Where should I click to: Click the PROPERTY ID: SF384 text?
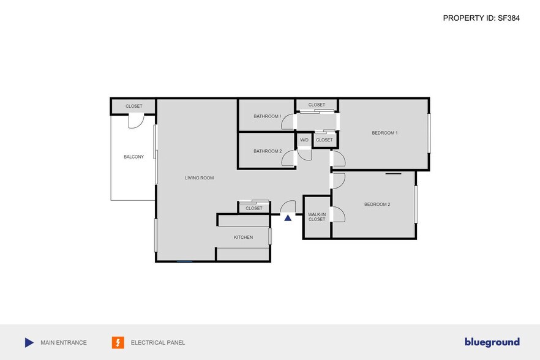(x=481, y=18)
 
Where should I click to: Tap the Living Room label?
(x=200, y=178)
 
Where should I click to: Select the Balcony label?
(x=133, y=157)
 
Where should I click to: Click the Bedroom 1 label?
(x=385, y=133)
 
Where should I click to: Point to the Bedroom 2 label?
(x=377, y=204)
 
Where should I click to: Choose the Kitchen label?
(x=243, y=237)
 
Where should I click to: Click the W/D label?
(x=304, y=140)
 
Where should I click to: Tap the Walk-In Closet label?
(x=317, y=217)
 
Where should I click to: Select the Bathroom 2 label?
(x=268, y=151)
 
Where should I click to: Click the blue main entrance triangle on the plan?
(x=288, y=217)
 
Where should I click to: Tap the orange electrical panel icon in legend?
(x=118, y=343)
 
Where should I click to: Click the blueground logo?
(x=492, y=342)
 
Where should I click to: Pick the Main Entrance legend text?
(x=64, y=343)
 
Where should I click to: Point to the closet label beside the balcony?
(x=133, y=107)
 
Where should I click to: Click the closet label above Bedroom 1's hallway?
(x=317, y=105)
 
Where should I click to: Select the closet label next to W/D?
(x=324, y=140)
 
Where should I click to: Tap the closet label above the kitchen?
(x=254, y=208)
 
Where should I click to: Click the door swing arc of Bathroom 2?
(x=287, y=160)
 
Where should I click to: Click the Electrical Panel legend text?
(x=158, y=343)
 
